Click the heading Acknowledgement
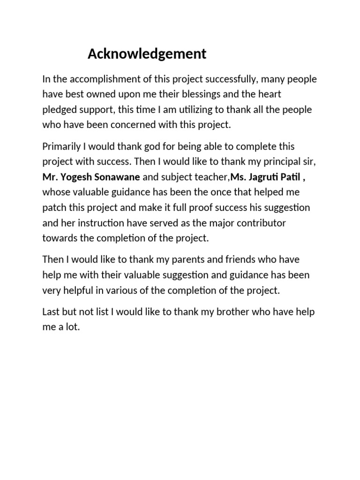(x=147, y=54)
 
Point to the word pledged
(x=59, y=110)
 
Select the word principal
(x=280, y=162)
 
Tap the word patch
(x=54, y=207)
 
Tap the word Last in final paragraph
(x=51, y=312)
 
